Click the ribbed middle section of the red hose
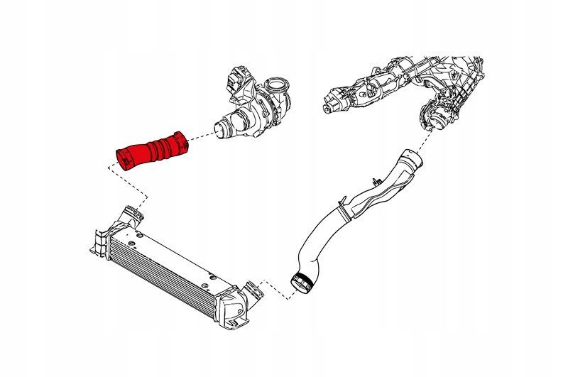(x=162, y=147)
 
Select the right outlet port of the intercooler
(x=249, y=290)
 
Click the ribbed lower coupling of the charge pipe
(x=302, y=283)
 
